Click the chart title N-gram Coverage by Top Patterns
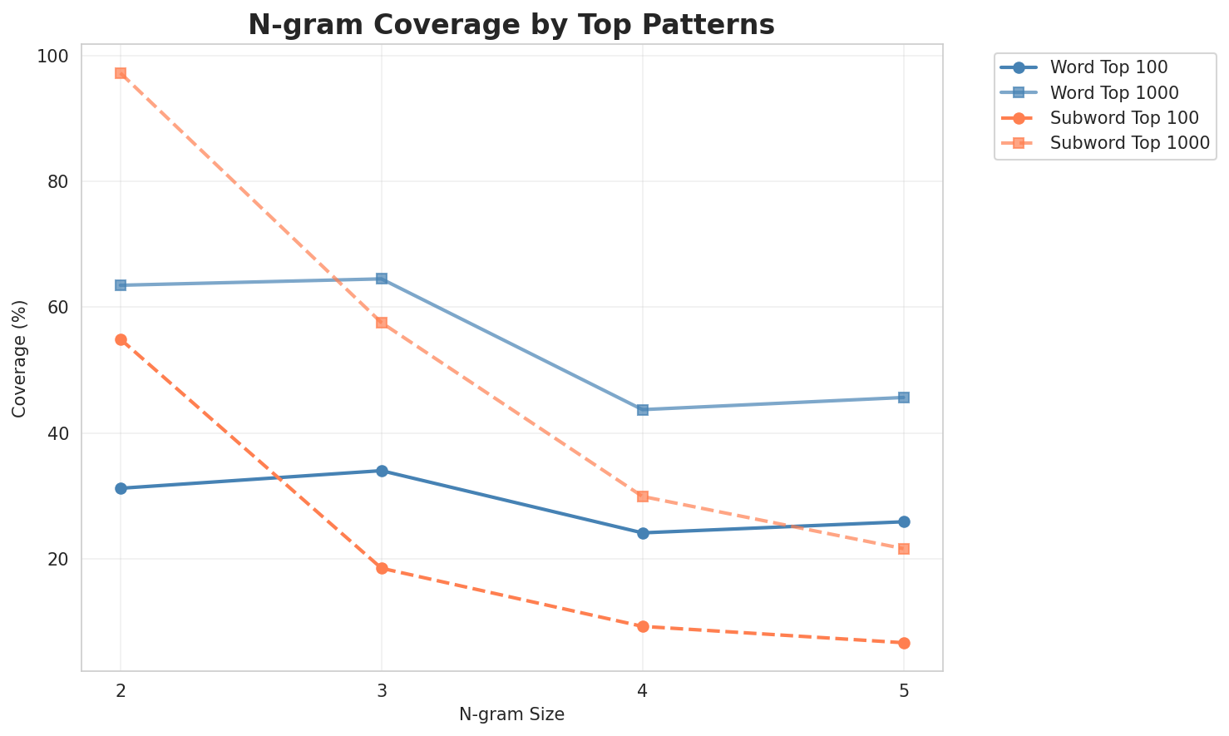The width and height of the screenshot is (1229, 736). [511, 25]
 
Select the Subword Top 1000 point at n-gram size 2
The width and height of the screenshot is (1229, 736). [121, 73]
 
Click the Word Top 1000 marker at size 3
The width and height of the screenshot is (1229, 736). [382, 279]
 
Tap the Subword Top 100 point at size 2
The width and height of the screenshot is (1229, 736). [121, 339]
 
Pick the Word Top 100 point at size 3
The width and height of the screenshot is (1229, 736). [382, 471]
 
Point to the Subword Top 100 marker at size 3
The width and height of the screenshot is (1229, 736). [382, 569]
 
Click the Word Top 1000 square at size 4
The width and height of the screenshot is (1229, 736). [643, 410]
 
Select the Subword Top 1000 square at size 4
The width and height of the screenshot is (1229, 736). [643, 496]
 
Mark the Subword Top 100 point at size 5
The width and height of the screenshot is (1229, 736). [904, 643]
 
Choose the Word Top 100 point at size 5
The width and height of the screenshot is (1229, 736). [904, 521]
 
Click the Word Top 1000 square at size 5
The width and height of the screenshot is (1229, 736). [904, 398]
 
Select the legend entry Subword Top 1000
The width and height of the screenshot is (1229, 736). [1129, 142]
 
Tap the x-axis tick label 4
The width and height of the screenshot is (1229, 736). [643, 691]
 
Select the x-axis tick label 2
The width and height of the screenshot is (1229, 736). [121, 691]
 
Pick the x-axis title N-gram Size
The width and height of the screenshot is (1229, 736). [511, 714]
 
